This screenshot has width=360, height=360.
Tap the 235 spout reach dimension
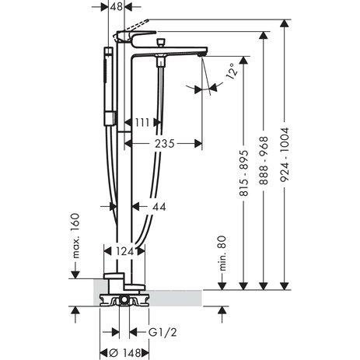(x=162, y=144)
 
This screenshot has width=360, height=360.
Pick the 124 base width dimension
(x=123, y=251)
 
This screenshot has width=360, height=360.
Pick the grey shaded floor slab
(x=179, y=295)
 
